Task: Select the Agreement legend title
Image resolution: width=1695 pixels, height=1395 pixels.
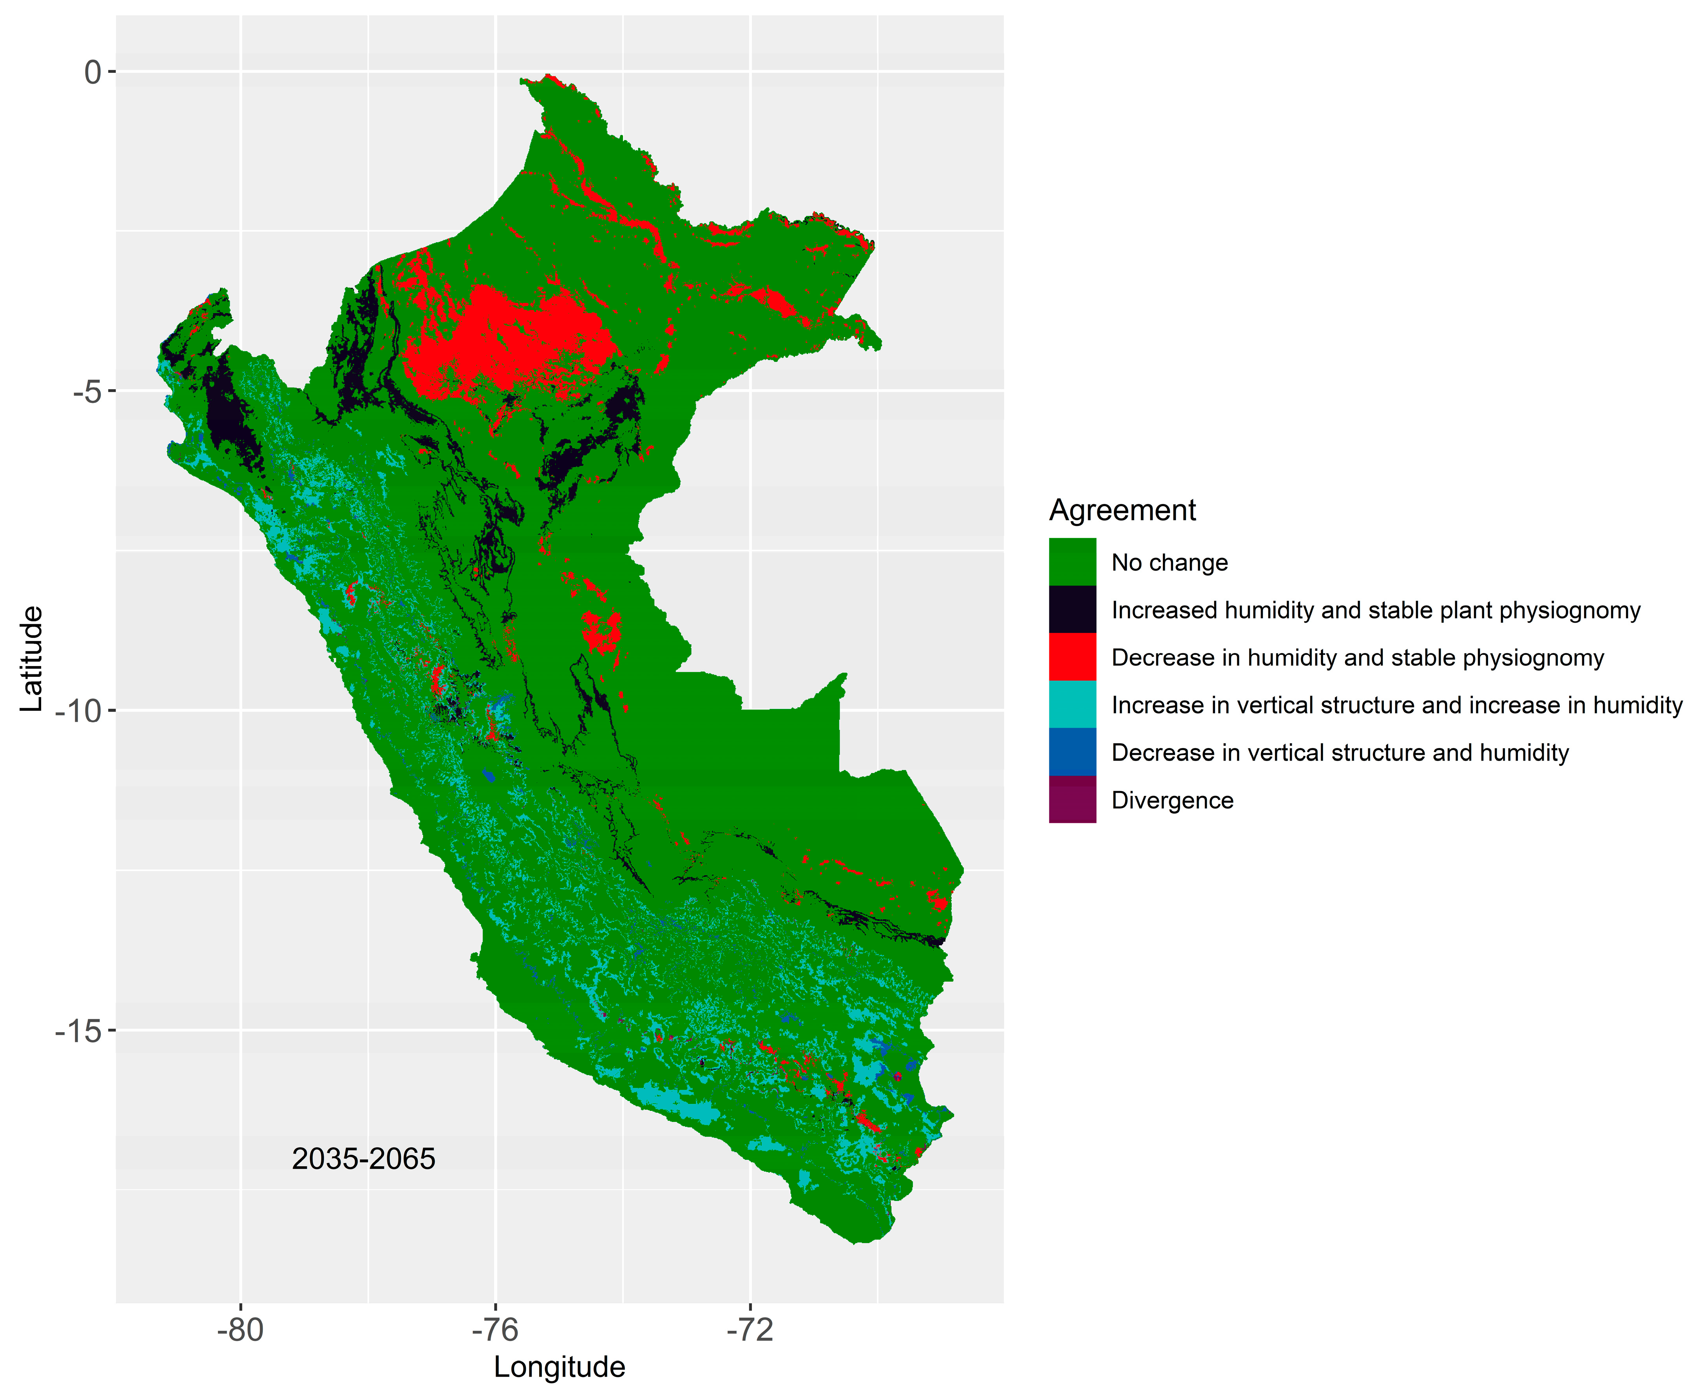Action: pos(1122,510)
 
